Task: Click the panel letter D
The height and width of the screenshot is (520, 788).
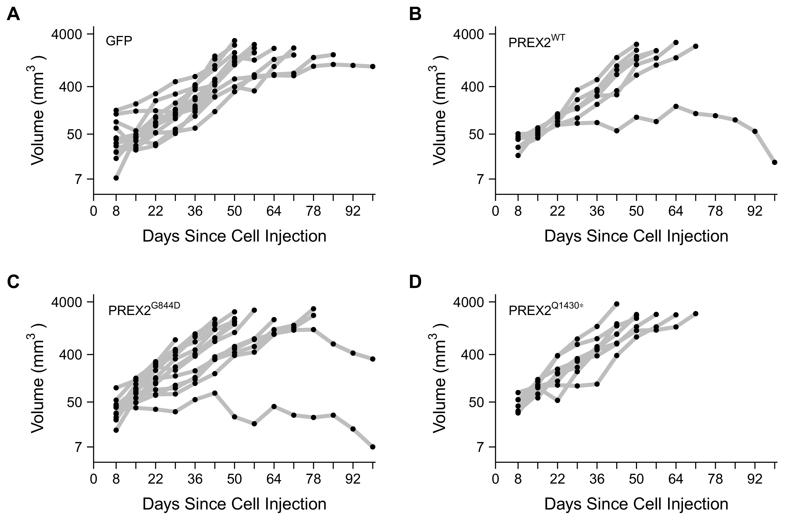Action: tap(416, 282)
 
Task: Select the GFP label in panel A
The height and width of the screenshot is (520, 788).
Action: tap(119, 41)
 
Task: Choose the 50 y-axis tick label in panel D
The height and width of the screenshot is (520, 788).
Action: tap(477, 402)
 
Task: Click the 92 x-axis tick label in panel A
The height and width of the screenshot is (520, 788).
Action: tap(353, 211)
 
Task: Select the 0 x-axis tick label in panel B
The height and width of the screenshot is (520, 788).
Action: tap(495, 211)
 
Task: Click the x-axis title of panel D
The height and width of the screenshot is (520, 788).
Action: tap(636, 504)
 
